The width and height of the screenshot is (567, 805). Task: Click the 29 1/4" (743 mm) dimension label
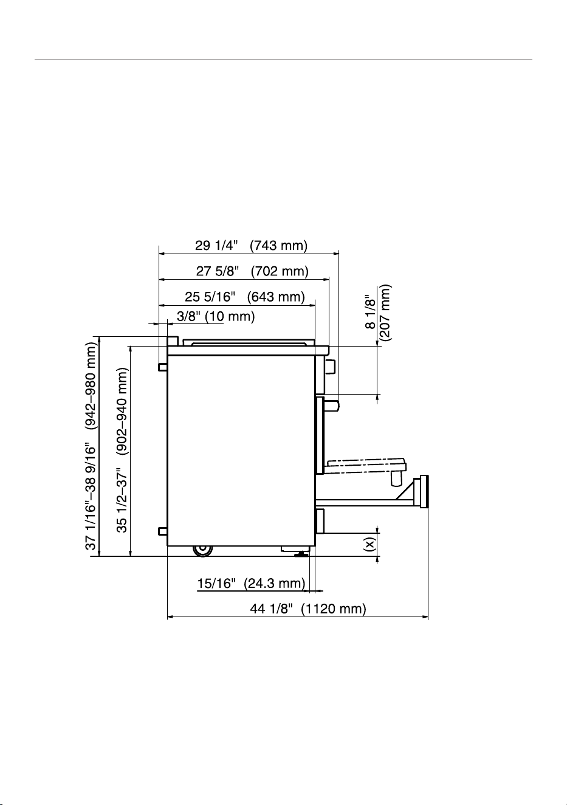pos(251,246)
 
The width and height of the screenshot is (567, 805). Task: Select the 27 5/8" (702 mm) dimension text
pos(252,271)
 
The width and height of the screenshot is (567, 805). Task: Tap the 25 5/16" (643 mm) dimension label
pos(245,297)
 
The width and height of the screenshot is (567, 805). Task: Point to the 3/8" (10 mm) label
pos(216,316)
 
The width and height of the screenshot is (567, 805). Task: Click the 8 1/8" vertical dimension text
pos(371,312)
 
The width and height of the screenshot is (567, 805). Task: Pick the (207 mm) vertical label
pos(385,313)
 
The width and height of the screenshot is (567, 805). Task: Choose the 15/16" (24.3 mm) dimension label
pos(251,583)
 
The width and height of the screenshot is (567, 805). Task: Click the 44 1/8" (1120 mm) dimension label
pos(308,609)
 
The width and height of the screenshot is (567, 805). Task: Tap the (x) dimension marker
pos(369,544)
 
